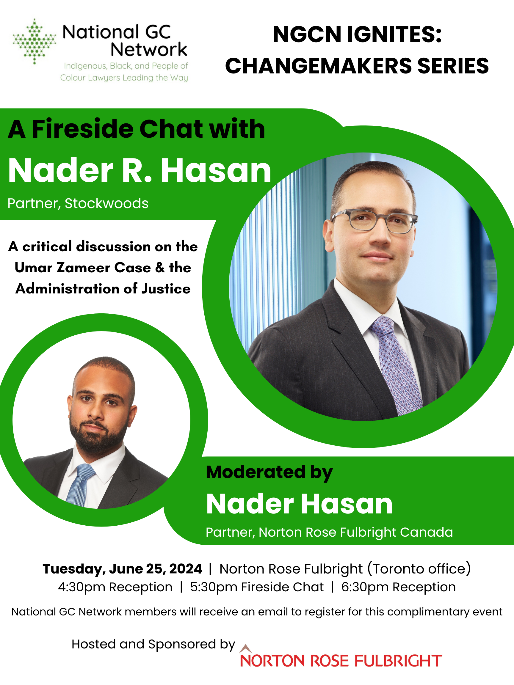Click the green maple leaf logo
(34, 42)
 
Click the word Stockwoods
(106, 203)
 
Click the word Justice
(166, 289)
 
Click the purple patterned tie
(397, 365)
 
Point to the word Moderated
(256, 472)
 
